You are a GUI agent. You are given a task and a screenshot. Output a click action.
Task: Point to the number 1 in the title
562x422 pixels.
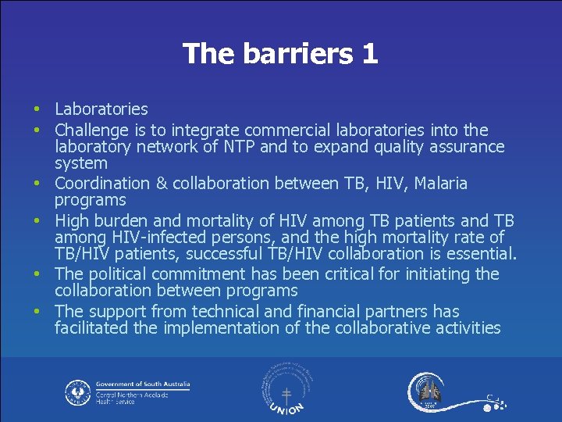tap(369, 54)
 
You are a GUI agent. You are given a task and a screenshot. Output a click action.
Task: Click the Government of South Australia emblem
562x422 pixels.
tap(78, 392)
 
